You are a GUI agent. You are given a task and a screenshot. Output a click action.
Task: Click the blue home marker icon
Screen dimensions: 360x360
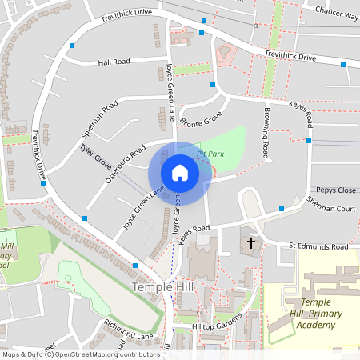click(180, 173)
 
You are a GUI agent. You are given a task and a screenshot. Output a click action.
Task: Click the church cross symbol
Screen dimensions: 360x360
click(250, 242)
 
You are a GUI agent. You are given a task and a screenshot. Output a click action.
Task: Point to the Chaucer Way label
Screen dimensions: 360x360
click(336, 14)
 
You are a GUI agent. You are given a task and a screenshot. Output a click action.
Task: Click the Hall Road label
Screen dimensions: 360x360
click(114, 62)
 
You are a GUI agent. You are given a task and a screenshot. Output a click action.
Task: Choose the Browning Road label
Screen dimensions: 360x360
click(264, 132)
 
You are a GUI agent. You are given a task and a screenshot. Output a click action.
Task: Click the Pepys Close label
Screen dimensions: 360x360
click(335, 190)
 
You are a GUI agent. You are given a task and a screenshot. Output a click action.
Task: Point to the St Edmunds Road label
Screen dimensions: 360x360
click(319, 246)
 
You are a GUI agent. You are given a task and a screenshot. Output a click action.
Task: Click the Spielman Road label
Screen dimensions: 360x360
click(99, 119)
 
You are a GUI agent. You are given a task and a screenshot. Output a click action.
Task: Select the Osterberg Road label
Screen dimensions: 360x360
click(126, 163)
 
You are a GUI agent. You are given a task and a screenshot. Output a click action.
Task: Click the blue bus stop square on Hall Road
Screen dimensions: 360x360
click(72, 46)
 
